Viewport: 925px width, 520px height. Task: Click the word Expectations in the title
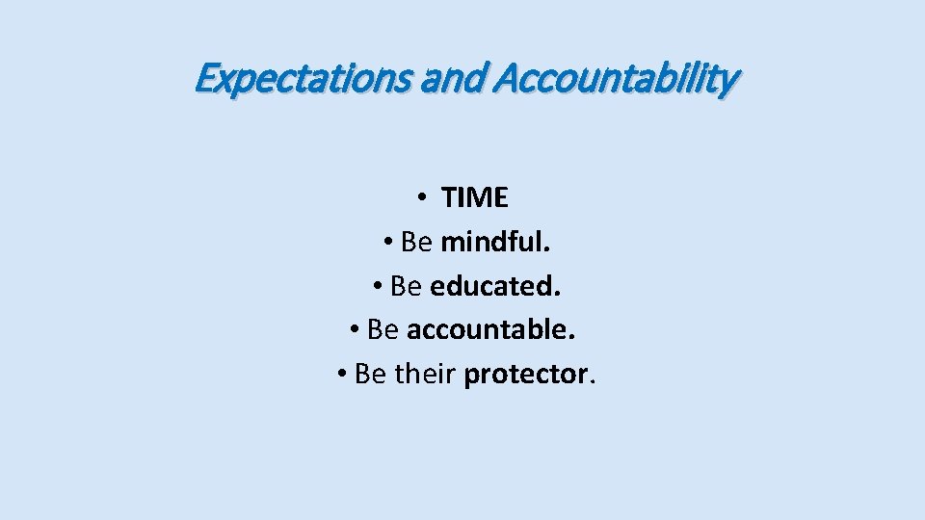[x=304, y=78]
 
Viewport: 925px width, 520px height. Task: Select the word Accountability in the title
[x=616, y=78]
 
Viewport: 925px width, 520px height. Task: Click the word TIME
[x=474, y=198]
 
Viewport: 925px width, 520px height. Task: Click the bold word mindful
[x=495, y=243]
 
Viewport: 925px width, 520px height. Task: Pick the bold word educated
[x=495, y=287]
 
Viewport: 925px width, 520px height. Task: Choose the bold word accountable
[x=491, y=330]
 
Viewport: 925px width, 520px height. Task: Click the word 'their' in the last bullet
[x=425, y=374]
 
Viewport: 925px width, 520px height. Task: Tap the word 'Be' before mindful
[x=415, y=243]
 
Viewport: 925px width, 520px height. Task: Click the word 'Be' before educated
[x=406, y=287]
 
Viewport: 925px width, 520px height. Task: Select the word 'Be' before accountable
[x=383, y=330]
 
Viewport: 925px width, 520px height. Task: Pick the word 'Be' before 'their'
[x=370, y=374]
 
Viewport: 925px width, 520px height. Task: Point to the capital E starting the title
[x=203, y=78]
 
